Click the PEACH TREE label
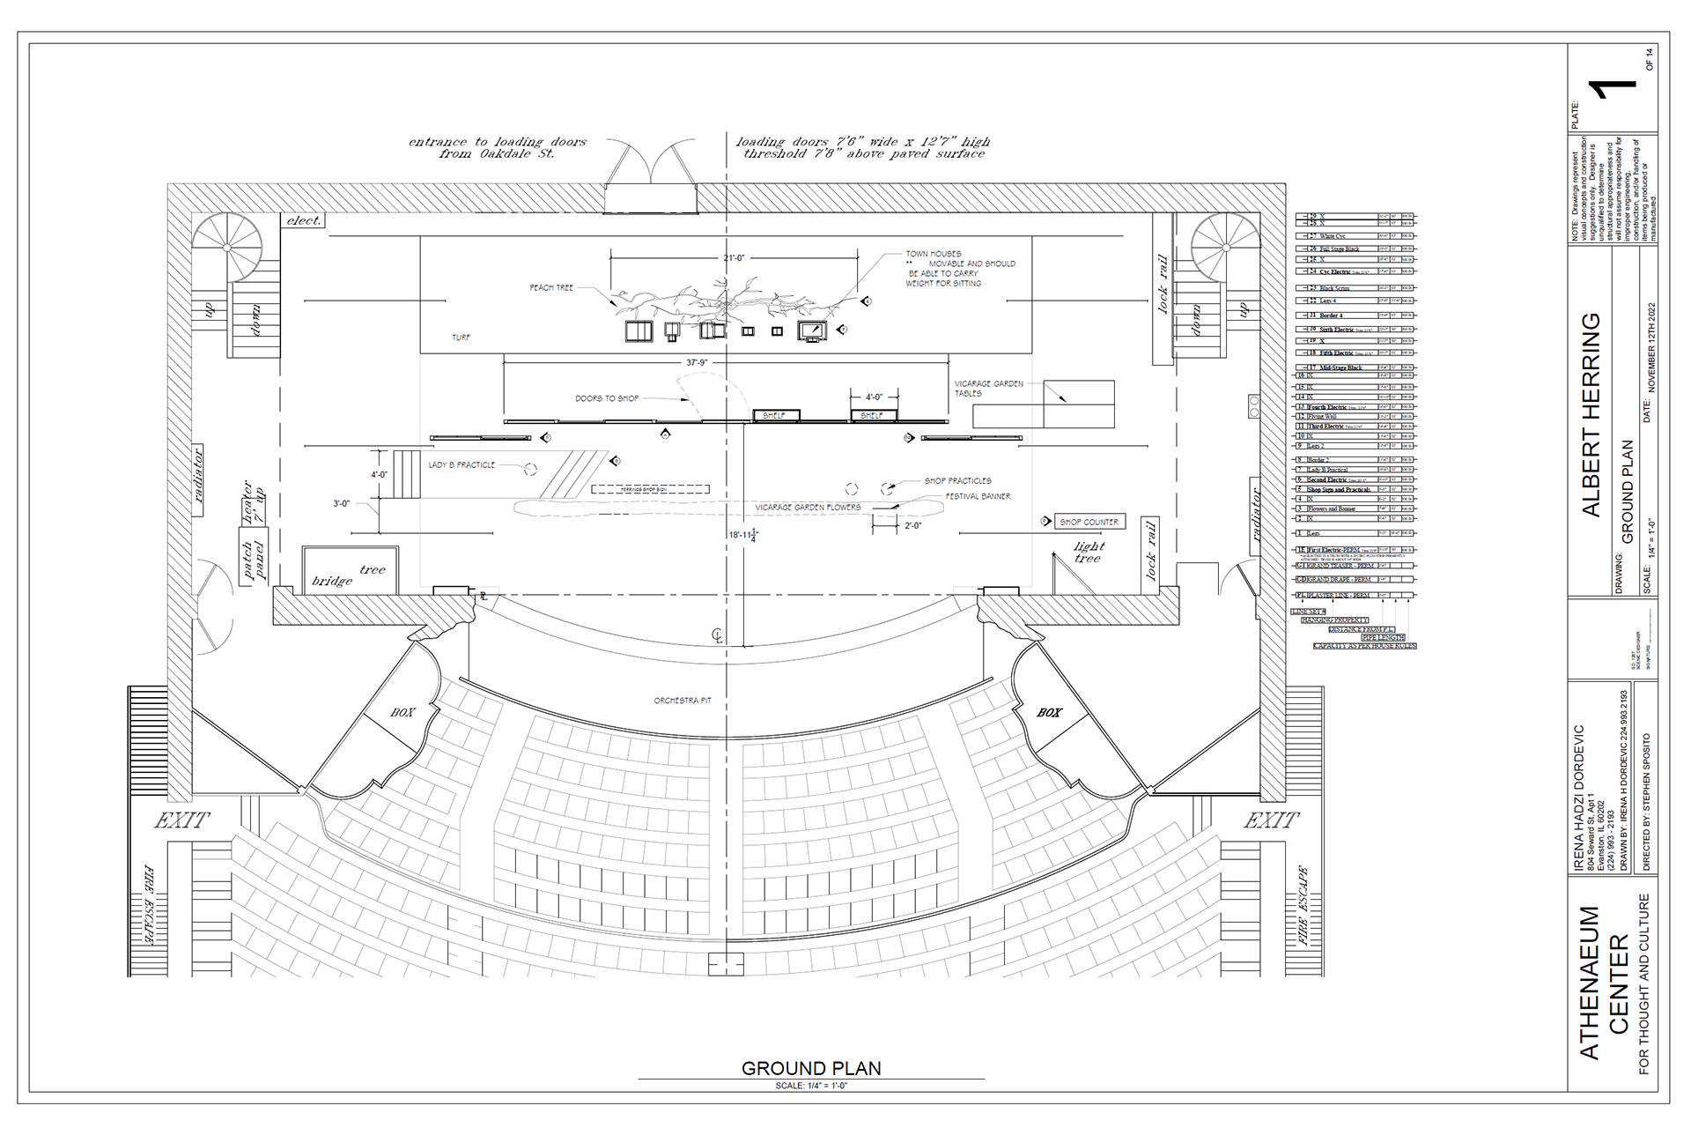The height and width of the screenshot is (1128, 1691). (x=552, y=288)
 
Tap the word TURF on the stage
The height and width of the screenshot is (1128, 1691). (x=461, y=338)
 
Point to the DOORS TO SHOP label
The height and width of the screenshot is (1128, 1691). (x=608, y=398)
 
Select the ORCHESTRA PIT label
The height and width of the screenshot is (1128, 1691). (x=682, y=701)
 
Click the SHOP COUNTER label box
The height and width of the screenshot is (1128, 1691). (x=1089, y=522)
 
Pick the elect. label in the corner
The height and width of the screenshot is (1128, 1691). (x=304, y=220)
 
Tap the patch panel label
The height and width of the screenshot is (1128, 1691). (x=252, y=560)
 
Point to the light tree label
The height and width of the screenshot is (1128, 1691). (x=1089, y=553)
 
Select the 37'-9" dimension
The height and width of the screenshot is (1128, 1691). (x=697, y=362)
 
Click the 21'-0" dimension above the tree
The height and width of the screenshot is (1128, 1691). (x=733, y=257)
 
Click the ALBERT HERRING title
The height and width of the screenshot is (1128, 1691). (x=1592, y=413)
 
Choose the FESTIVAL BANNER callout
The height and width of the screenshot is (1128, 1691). (x=978, y=496)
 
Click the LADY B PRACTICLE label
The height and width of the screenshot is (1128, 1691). (x=462, y=464)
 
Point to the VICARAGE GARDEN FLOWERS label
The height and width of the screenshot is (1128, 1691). (x=808, y=508)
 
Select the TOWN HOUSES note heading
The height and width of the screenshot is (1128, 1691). (x=934, y=254)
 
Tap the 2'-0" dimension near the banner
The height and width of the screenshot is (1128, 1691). (x=912, y=525)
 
